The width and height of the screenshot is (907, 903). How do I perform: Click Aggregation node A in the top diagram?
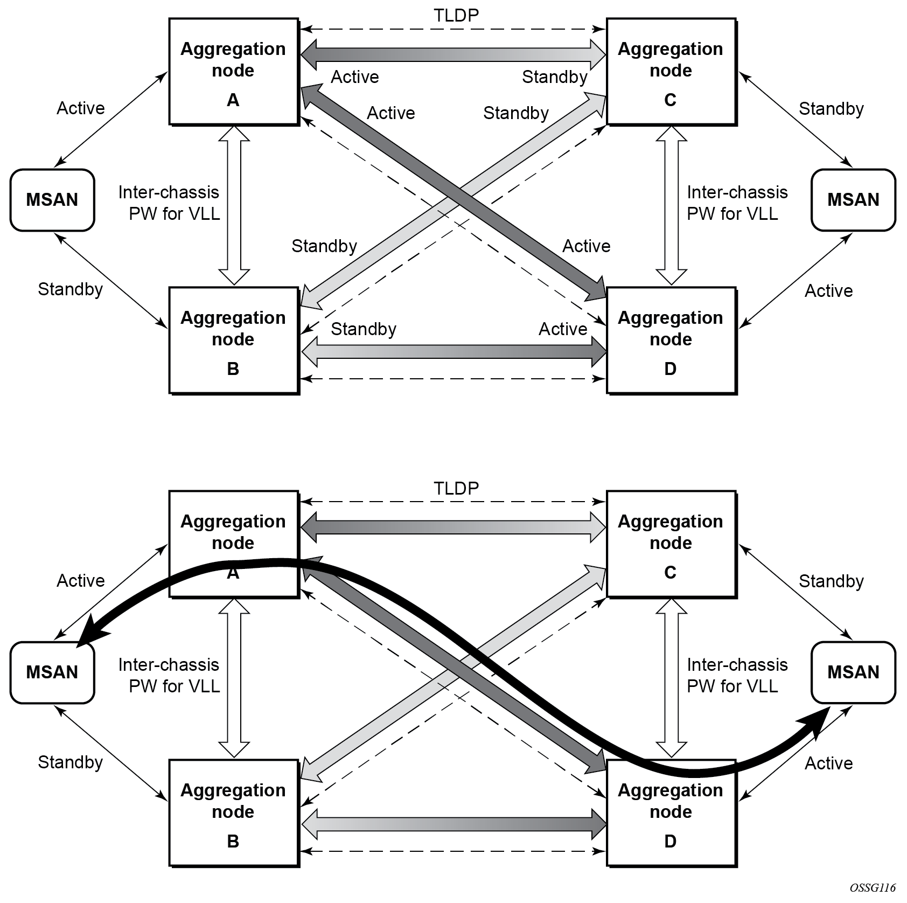234,72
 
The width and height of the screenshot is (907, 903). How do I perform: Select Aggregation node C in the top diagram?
672,72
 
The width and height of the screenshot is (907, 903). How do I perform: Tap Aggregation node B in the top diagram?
234,341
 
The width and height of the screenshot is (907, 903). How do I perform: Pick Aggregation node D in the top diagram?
672,341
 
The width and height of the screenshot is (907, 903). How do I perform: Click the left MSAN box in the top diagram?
52,200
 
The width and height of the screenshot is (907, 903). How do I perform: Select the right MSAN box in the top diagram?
853,200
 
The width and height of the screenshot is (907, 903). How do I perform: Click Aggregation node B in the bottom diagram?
234,813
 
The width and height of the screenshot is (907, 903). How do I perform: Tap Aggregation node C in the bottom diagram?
672,544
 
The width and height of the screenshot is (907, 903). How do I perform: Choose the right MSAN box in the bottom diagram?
853,672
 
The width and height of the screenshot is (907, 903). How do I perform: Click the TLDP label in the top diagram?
456,16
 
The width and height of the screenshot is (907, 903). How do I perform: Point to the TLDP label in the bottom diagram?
456,488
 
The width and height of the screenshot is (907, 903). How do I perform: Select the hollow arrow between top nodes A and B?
234,205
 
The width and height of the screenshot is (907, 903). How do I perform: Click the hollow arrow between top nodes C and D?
672,205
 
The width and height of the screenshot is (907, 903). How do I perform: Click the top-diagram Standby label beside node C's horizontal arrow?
554,77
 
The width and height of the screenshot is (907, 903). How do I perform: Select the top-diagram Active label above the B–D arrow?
563,329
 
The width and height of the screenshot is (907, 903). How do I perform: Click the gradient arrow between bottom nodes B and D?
453,824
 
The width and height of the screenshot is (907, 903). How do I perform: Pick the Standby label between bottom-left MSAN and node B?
71,762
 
